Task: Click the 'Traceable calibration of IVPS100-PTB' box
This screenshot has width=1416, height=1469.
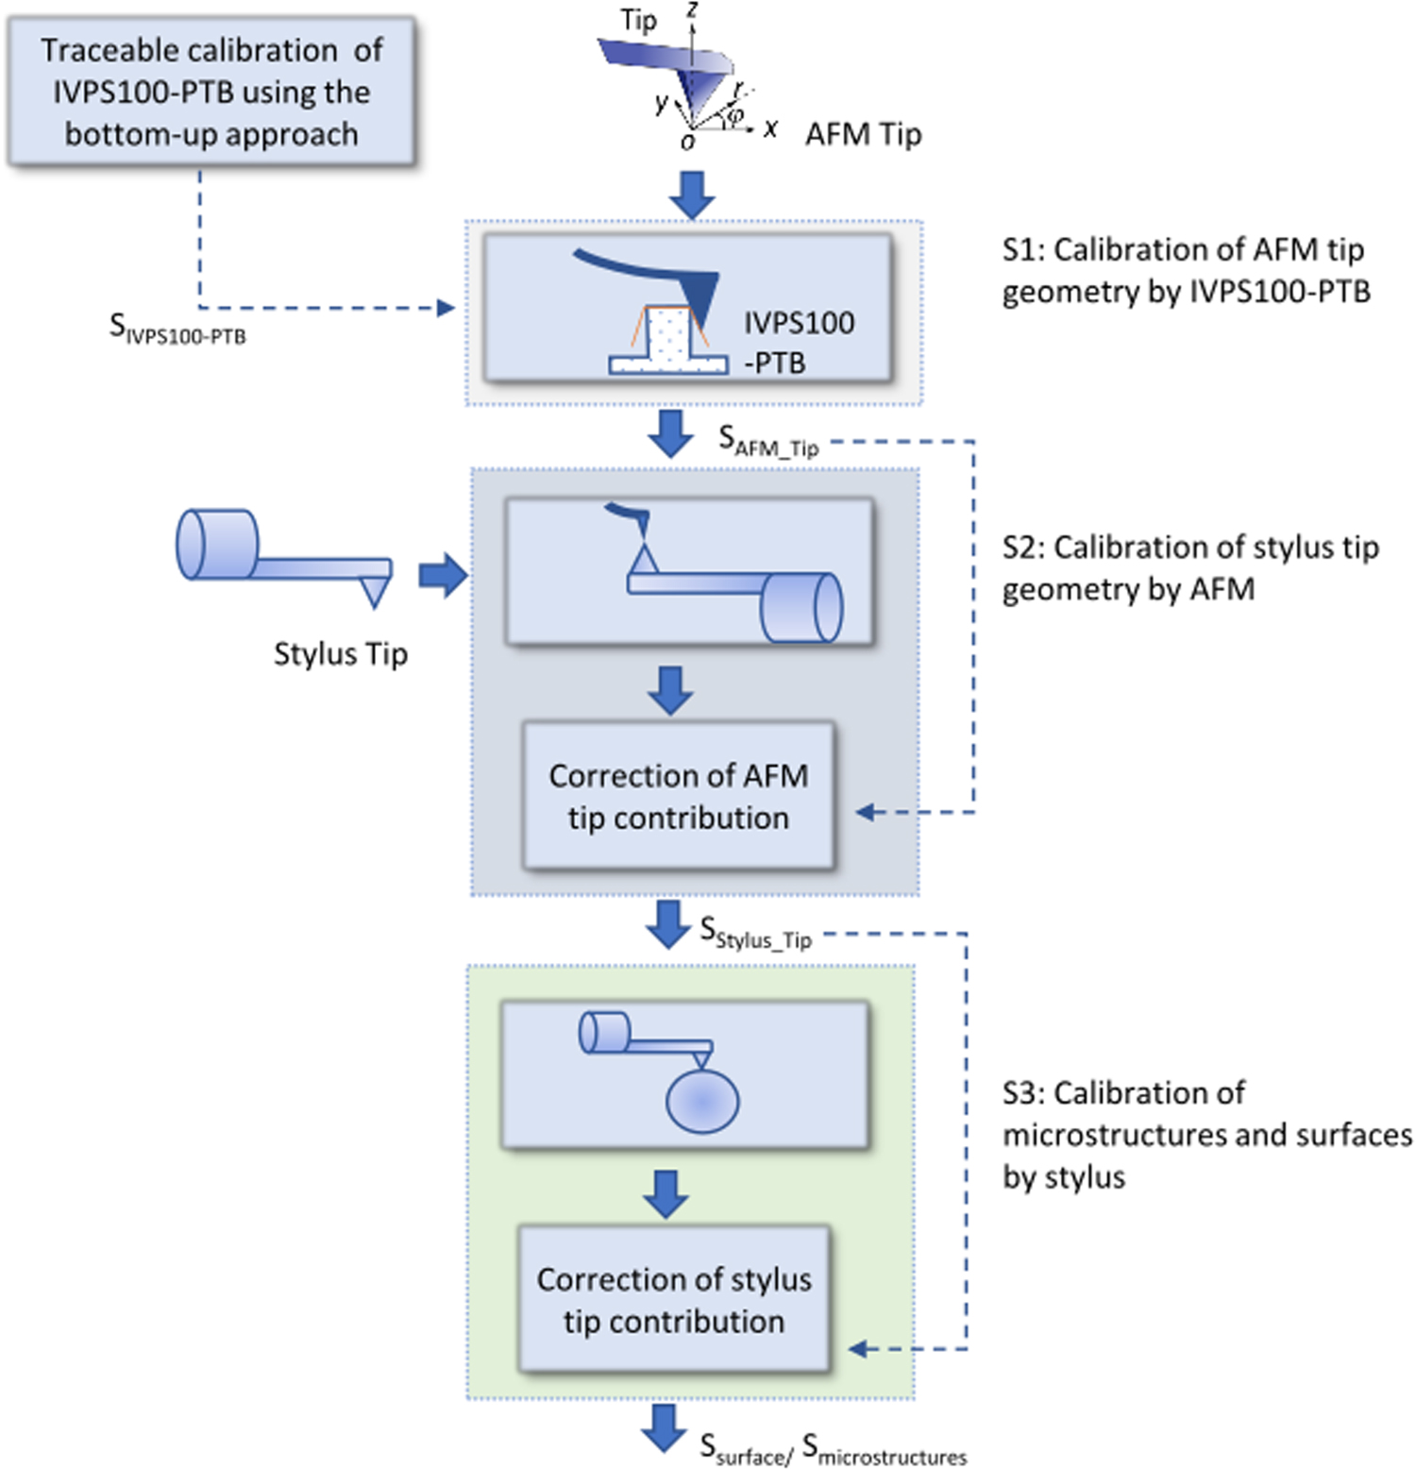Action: pos(211,92)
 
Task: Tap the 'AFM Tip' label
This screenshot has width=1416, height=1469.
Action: pos(862,135)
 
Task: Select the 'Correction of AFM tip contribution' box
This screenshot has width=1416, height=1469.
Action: pos(678,796)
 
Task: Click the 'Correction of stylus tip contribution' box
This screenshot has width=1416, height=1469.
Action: pos(673,1299)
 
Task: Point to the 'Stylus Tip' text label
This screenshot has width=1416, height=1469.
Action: pos(340,653)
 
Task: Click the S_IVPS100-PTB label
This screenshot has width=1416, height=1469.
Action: pos(177,329)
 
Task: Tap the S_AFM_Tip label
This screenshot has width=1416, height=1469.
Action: pos(767,441)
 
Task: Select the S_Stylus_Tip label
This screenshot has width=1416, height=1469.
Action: pos(755,934)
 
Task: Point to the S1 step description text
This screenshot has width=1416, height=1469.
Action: pos(1185,270)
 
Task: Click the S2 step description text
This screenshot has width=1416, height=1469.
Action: pos(1189,567)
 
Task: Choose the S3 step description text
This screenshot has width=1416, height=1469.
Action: pos(1206,1134)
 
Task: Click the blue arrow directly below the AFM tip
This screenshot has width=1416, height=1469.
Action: pos(692,194)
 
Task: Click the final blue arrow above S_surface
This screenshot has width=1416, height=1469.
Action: pos(665,1427)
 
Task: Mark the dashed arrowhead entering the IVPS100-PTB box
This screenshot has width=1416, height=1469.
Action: pos(447,308)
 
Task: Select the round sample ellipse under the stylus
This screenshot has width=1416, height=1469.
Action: pos(702,1101)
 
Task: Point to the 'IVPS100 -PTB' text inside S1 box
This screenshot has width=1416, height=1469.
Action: pos(798,342)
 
